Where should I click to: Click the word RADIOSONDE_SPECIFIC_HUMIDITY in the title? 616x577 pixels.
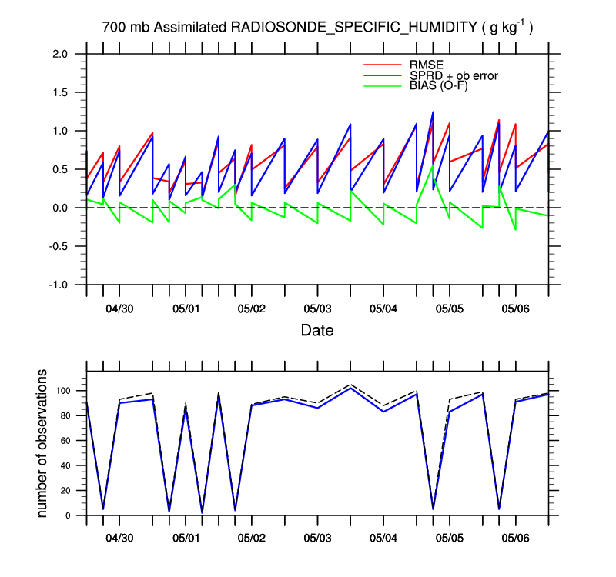[354, 28]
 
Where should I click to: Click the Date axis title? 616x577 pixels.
[316, 331]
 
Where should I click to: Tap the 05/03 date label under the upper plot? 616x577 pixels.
[317, 309]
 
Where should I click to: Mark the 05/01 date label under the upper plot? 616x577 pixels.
[186, 309]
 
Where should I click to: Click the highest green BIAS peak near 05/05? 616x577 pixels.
[433, 165]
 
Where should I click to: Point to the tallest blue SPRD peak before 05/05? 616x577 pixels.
[433, 112]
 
